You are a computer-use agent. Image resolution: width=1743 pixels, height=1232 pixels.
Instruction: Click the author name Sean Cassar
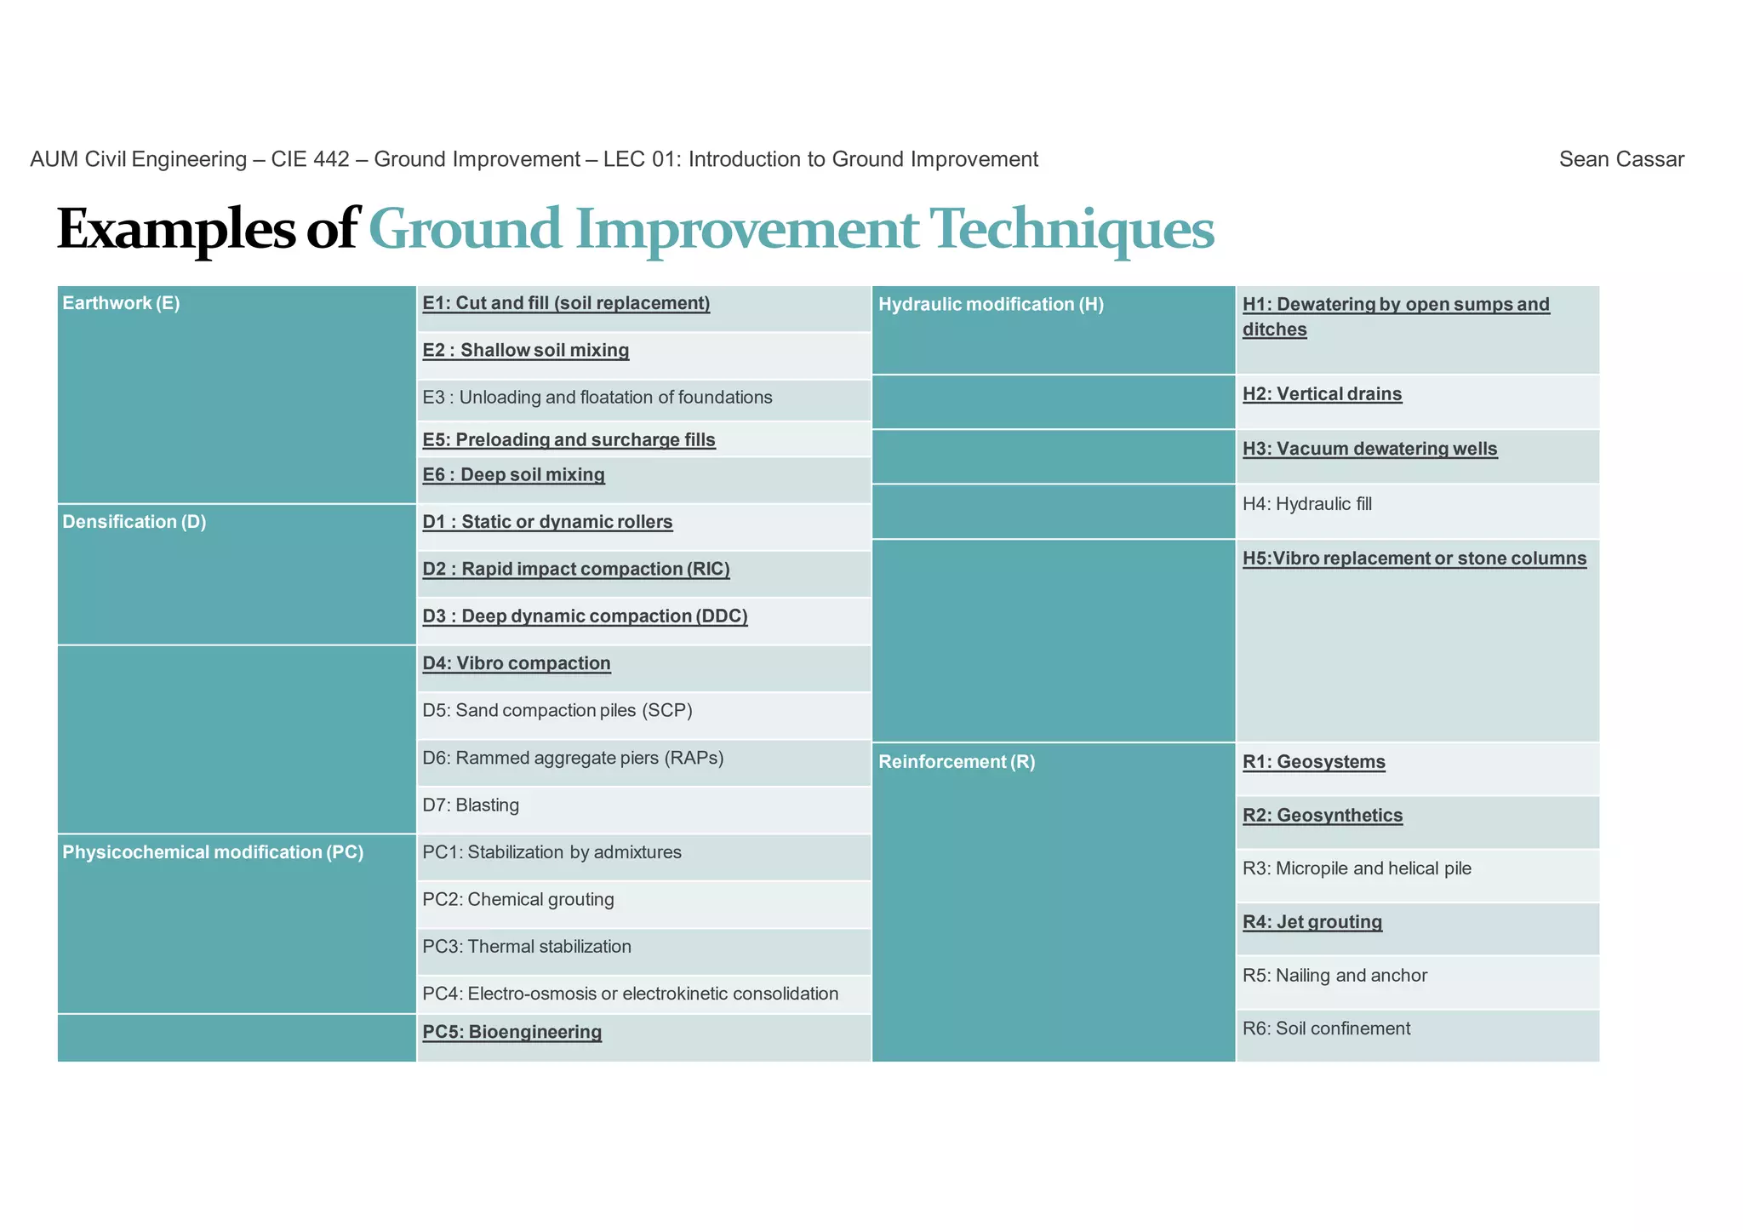tap(1620, 159)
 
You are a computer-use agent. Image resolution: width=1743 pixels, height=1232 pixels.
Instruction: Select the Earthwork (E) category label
tap(121, 303)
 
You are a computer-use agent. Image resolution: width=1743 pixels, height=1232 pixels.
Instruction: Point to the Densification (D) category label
tap(134, 522)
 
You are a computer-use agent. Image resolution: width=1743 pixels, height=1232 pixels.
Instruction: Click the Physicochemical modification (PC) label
tap(213, 852)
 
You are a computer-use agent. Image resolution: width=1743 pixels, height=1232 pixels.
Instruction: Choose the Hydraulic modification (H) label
tap(991, 305)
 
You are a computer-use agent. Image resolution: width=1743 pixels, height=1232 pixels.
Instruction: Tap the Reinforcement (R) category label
tap(957, 762)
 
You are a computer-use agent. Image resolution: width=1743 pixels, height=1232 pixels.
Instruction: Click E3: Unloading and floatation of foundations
tap(597, 398)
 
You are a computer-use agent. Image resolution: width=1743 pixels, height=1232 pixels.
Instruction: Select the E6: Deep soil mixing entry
tap(514, 475)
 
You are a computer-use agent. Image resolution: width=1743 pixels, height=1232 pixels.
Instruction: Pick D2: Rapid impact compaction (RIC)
tap(576, 569)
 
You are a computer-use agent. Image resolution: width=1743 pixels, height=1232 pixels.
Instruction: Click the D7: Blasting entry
tap(471, 805)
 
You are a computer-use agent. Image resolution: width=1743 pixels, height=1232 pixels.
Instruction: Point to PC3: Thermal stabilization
tap(527, 947)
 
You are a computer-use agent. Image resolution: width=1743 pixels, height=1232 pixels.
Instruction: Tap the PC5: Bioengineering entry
tap(512, 1032)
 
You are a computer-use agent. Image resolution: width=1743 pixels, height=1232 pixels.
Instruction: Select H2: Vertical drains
tap(1322, 394)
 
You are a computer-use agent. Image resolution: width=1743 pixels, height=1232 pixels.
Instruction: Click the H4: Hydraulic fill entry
tap(1307, 504)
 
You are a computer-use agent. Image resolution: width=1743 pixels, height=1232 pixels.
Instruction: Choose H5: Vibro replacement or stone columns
tap(1414, 559)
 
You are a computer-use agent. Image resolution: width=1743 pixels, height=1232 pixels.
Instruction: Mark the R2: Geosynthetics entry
tap(1323, 816)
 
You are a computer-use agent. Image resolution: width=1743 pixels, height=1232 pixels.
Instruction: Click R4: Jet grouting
tap(1312, 922)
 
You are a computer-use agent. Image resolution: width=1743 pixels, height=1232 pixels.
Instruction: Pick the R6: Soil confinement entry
tap(1326, 1029)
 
